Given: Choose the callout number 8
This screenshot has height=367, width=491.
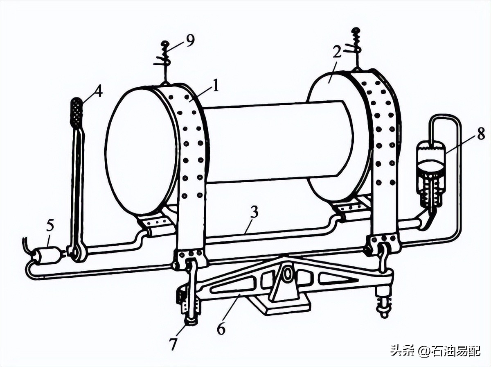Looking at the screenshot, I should (x=480, y=134).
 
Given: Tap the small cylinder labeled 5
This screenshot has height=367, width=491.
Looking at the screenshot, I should (x=45, y=256).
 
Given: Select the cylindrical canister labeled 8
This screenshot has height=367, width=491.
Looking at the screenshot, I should (x=430, y=172).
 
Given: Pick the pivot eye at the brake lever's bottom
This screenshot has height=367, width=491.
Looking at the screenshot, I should (x=77, y=253).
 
